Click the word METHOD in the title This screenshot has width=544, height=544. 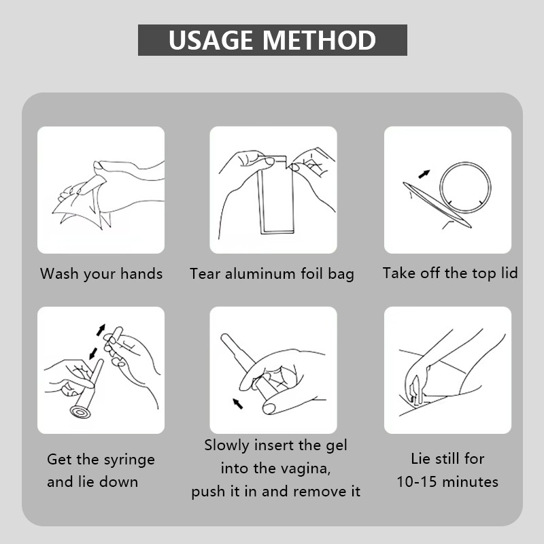[319, 40]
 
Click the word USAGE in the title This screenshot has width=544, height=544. [211, 40]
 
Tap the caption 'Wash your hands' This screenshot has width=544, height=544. [101, 274]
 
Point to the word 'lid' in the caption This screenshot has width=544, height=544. [509, 273]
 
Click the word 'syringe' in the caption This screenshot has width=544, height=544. [129, 460]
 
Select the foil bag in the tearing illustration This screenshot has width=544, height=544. [276, 195]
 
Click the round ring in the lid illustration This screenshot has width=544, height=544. [465, 188]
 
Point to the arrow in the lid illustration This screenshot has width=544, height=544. [424, 174]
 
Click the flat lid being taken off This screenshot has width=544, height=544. [437, 205]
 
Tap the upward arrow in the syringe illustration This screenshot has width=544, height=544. [101, 330]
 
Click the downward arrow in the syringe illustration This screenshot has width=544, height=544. [93, 354]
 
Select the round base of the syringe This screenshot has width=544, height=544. [80, 412]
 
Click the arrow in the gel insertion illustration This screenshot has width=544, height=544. [237, 404]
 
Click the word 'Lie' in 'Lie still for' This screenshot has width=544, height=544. [420, 458]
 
